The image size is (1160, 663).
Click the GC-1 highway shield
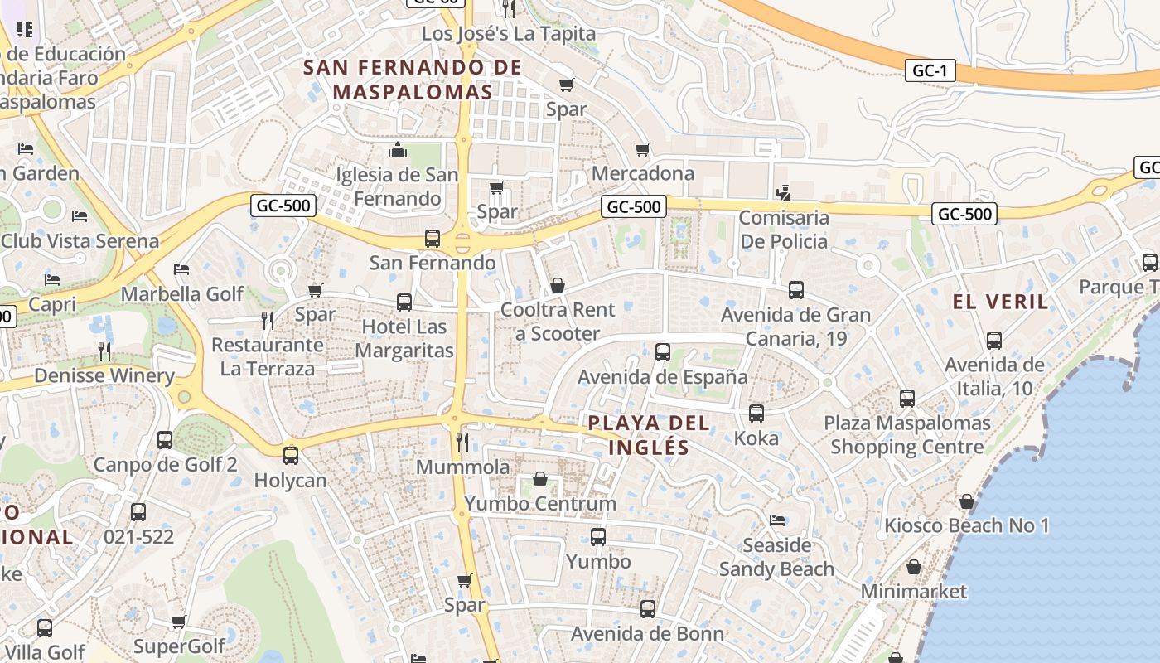coord(929,70)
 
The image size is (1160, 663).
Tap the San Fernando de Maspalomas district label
coord(413,80)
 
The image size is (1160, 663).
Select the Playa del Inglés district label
coord(649,435)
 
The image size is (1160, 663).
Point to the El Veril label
coord(1001,302)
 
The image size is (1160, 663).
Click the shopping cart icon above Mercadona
coord(642,150)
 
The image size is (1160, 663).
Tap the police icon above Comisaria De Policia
coord(783,193)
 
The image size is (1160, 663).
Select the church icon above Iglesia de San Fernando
coord(398,150)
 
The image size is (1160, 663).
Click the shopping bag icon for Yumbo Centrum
coord(539,479)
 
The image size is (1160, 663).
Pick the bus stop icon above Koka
coord(756,413)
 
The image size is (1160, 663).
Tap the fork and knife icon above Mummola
coord(462,443)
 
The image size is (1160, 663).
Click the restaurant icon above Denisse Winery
coord(104,351)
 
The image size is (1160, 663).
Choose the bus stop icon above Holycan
coord(290,455)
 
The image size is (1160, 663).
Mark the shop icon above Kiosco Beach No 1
coord(966,501)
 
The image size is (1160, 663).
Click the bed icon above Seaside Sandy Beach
coord(776,520)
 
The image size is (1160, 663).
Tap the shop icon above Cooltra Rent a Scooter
coord(558,285)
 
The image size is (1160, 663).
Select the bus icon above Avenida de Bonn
coord(647,609)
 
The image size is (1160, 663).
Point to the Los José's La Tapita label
coord(509,34)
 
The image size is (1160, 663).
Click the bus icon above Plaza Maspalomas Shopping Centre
coord(907,399)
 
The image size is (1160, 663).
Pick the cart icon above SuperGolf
coord(178,622)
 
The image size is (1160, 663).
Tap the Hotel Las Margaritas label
coord(404,338)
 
